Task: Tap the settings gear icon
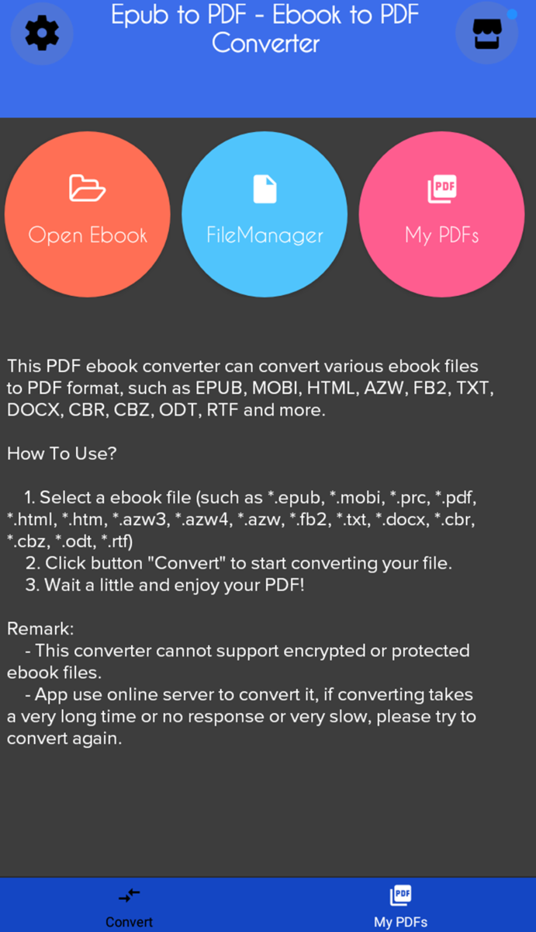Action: [42, 33]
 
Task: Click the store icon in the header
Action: [486, 33]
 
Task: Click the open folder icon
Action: [87, 189]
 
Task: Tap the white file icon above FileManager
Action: [265, 189]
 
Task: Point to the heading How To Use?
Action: [62, 454]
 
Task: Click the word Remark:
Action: [40, 629]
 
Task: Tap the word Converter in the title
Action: [265, 43]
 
